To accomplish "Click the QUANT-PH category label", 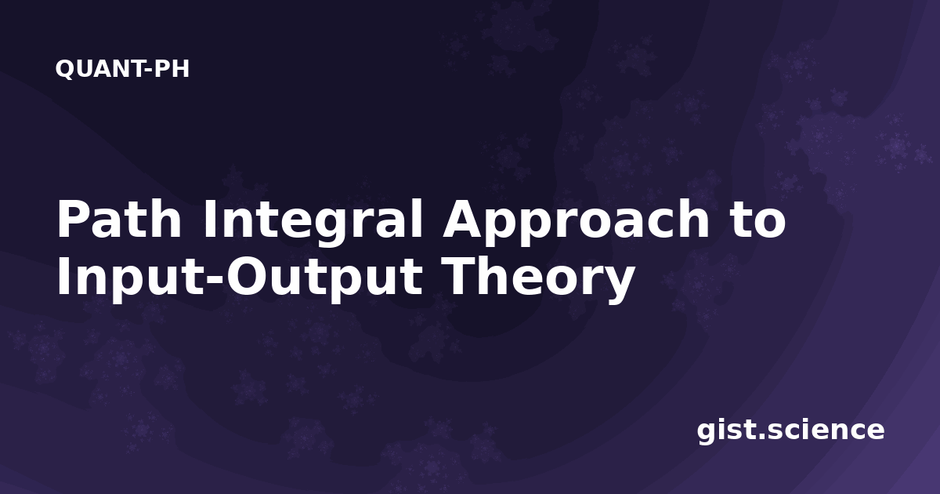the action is (x=122, y=69).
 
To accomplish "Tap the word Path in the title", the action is (x=119, y=219).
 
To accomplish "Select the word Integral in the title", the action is (x=312, y=221).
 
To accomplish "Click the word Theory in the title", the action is (x=538, y=279).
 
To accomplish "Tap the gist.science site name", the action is (x=790, y=431).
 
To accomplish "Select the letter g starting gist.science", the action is (x=708, y=434).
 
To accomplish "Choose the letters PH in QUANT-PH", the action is (x=172, y=69).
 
